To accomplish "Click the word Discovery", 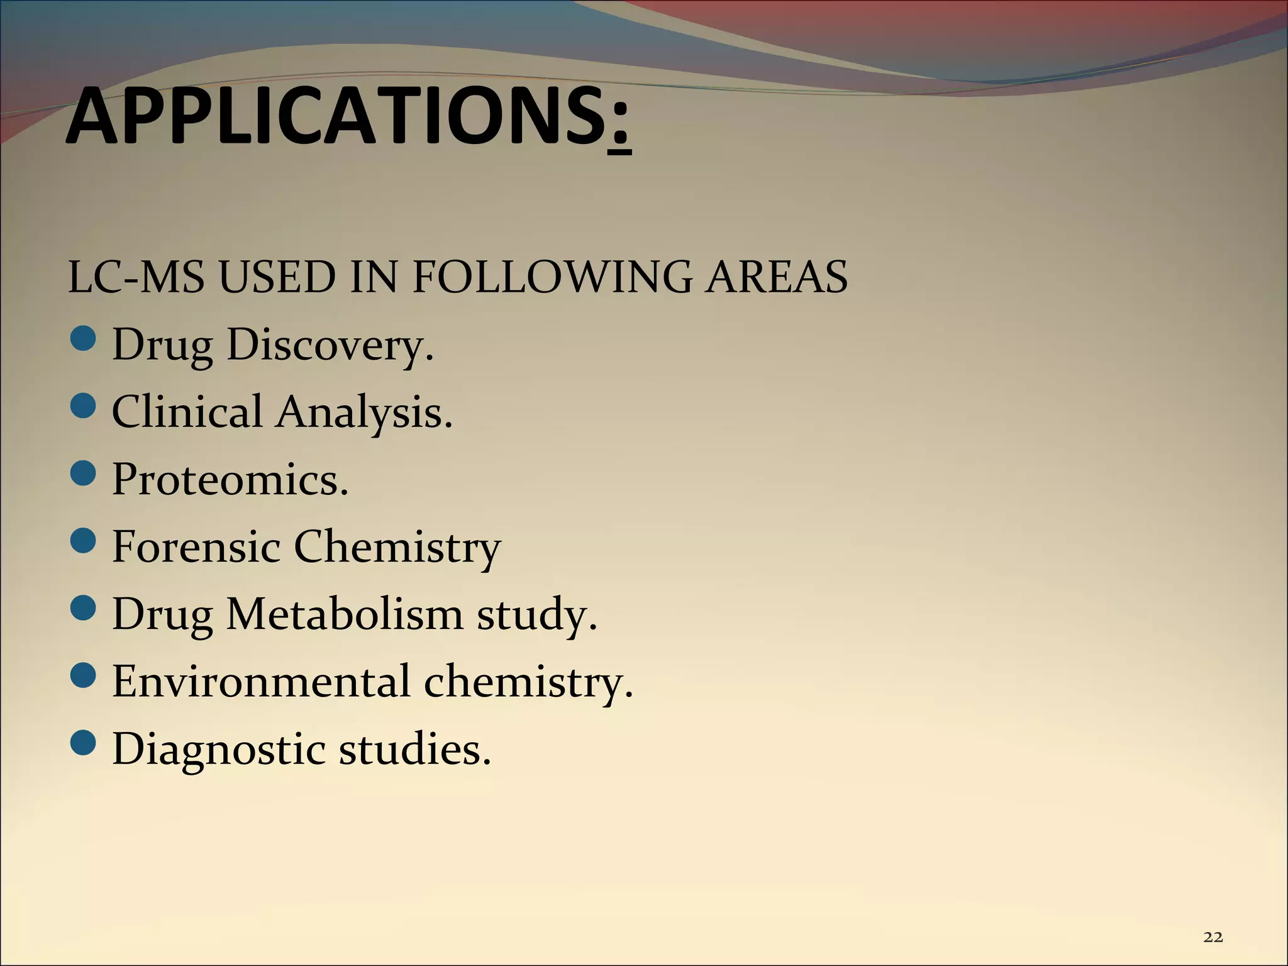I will pyautogui.click(x=329, y=345).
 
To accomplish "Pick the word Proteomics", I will pyautogui.click(x=230, y=480).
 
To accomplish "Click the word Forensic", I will pyautogui.click(x=196, y=547).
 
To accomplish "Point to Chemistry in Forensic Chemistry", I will pyautogui.click(x=397, y=547).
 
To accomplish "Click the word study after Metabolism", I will pyautogui.click(x=536, y=615).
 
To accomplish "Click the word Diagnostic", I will pyautogui.click(x=218, y=750).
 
